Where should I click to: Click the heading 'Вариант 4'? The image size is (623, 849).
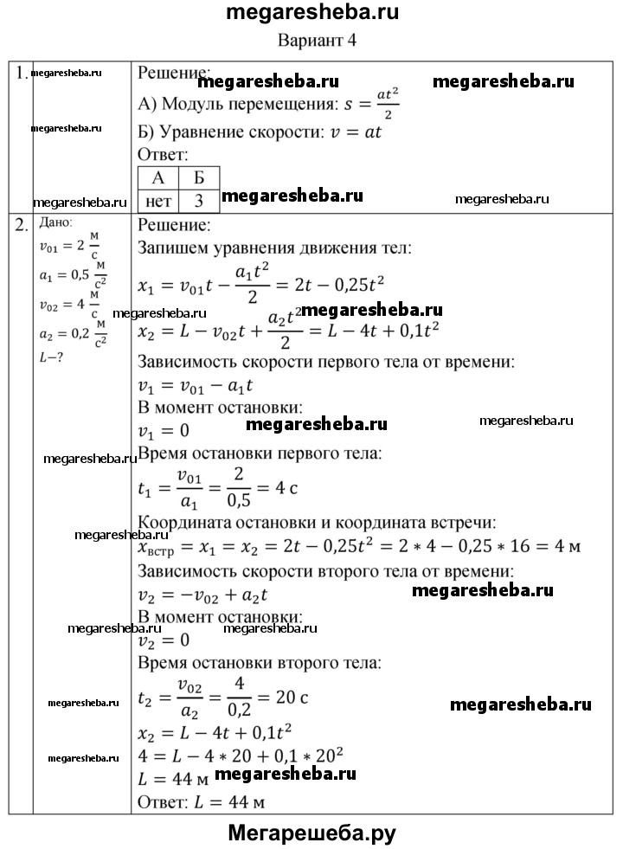[x=317, y=41]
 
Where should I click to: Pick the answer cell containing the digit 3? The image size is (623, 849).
[x=198, y=202]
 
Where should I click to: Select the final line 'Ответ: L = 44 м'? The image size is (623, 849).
[x=201, y=801]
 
